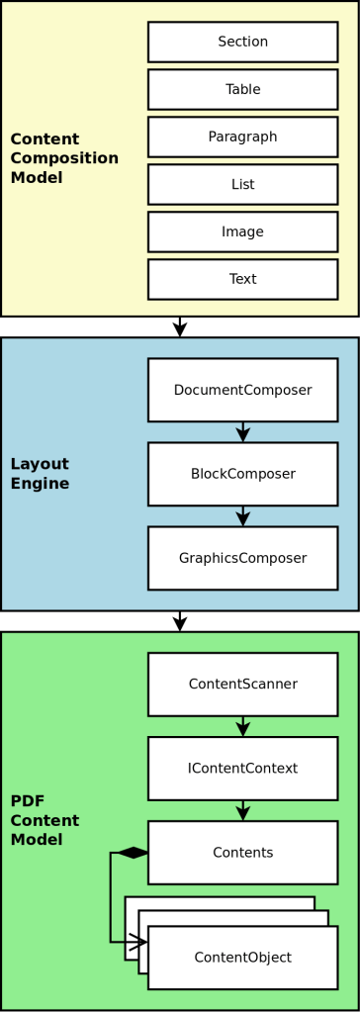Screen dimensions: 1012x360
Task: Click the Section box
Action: (242, 42)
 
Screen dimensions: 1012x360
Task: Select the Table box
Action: (242, 89)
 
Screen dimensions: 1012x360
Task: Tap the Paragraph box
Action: (242, 137)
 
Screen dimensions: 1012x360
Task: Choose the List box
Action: (242, 184)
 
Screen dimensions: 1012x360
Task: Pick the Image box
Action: (242, 231)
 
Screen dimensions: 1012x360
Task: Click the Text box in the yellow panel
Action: (242, 279)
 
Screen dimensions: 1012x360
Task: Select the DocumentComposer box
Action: (242, 390)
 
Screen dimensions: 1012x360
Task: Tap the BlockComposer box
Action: (242, 474)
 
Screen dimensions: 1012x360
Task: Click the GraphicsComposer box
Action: (242, 558)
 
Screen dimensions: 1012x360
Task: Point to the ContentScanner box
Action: (242, 684)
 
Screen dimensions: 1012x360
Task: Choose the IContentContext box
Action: (242, 768)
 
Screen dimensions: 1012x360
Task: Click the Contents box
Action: (242, 852)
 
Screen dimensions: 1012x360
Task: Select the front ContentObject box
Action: (242, 957)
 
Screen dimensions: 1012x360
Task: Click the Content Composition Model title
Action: (64, 158)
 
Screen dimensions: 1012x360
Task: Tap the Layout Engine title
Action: (40, 474)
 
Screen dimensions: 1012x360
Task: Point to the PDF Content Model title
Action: (45, 819)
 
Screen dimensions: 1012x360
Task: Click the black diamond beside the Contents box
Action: (133, 853)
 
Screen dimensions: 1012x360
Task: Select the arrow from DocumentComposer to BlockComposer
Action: (243, 431)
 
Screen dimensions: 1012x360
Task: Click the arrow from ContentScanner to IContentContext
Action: (243, 726)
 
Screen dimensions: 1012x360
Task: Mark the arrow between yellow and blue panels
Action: (179, 326)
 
